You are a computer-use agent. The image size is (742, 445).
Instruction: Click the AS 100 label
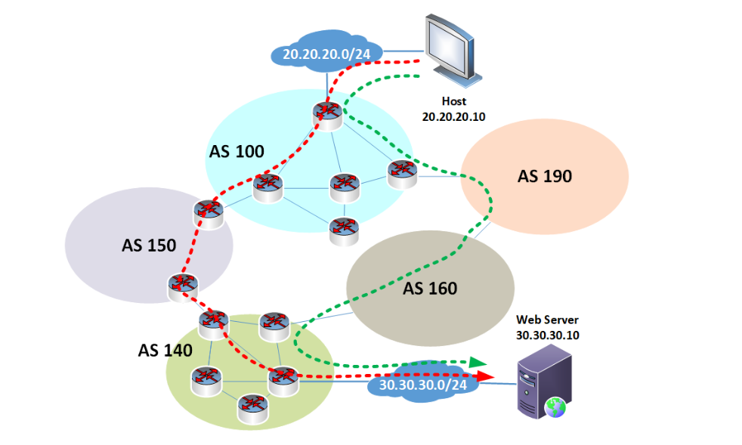pos(237,151)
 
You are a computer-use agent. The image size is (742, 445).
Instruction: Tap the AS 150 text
pos(149,245)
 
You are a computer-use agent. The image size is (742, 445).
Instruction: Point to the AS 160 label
pos(430,288)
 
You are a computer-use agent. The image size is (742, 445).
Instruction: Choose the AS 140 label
pos(165,350)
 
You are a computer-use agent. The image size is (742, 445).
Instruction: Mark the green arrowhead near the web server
pos(477,362)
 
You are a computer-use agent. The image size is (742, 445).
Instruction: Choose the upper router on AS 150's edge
pos(208,214)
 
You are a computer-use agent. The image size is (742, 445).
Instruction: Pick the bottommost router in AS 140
pos(253,407)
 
